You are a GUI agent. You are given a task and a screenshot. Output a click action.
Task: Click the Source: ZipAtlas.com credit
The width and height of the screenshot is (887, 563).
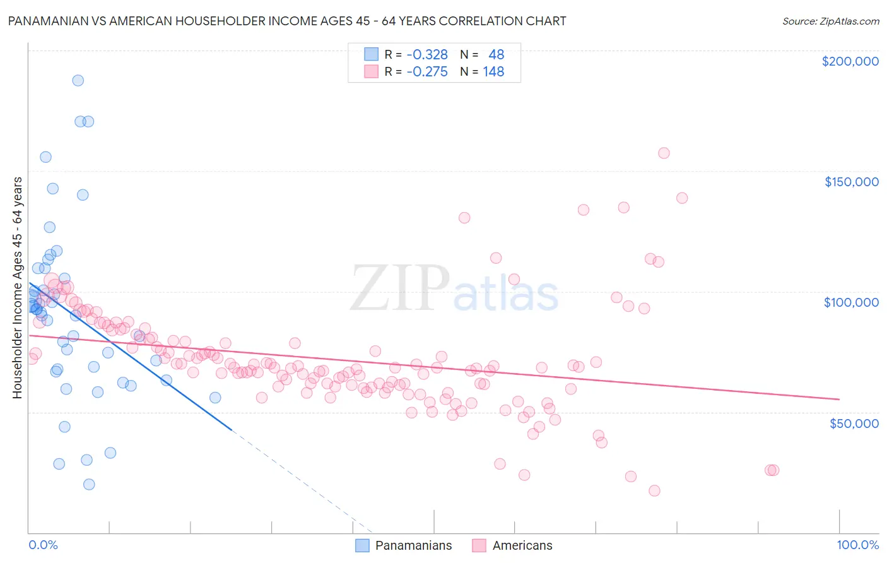830,21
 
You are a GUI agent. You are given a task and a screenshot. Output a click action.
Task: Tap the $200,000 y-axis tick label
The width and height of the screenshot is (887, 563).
850,61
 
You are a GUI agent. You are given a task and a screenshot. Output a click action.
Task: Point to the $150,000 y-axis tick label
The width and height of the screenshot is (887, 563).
851,182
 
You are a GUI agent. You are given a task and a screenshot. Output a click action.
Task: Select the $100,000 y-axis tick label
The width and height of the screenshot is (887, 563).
851,302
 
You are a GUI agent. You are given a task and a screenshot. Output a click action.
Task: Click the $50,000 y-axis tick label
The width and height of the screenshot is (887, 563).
854,423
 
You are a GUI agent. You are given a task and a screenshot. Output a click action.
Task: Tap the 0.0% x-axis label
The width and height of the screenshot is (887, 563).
43,545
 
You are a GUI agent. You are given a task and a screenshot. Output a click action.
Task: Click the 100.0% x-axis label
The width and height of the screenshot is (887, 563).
857,545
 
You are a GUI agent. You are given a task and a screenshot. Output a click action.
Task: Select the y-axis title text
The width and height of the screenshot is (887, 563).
17,288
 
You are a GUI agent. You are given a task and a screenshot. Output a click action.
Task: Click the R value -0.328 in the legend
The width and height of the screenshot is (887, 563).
427,55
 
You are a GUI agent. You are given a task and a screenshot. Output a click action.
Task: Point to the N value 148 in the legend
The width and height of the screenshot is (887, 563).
493,72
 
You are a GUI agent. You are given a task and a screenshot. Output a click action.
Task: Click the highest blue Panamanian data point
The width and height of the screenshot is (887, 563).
78,80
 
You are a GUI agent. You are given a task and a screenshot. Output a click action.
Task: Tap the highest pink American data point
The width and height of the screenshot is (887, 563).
664,153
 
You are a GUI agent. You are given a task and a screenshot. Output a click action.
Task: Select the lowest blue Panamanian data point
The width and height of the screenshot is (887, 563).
89,484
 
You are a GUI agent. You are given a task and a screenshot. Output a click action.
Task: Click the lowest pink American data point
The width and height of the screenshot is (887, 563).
654,490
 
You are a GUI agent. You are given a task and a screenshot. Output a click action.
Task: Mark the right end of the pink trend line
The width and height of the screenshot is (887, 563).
839,399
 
